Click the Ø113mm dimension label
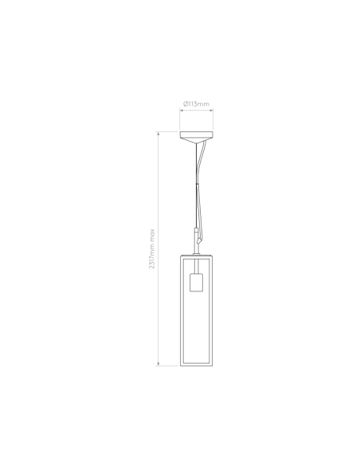(x=196, y=104)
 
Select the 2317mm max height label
(x=152, y=248)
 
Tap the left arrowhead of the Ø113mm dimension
(x=181, y=111)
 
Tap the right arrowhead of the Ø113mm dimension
(x=211, y=111)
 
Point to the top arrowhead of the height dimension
(x=158, y=134)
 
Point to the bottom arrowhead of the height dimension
(x=158, y=364)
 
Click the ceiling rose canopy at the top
(x=196, y=136)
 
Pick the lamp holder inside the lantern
(x=196, y=283)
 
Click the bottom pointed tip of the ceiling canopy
(x=196, y=143)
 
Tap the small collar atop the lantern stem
(x=196, y=230)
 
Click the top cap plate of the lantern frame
(x=196, y=255)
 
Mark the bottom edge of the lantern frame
(x=196, y=365)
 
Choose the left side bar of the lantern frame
(x=182, y=310)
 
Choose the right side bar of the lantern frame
(x=211, y=310)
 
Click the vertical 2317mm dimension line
(x=158, y=248)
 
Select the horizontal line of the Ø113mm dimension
(x=196, y=111)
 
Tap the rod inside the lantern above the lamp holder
(x=196, y=266)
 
